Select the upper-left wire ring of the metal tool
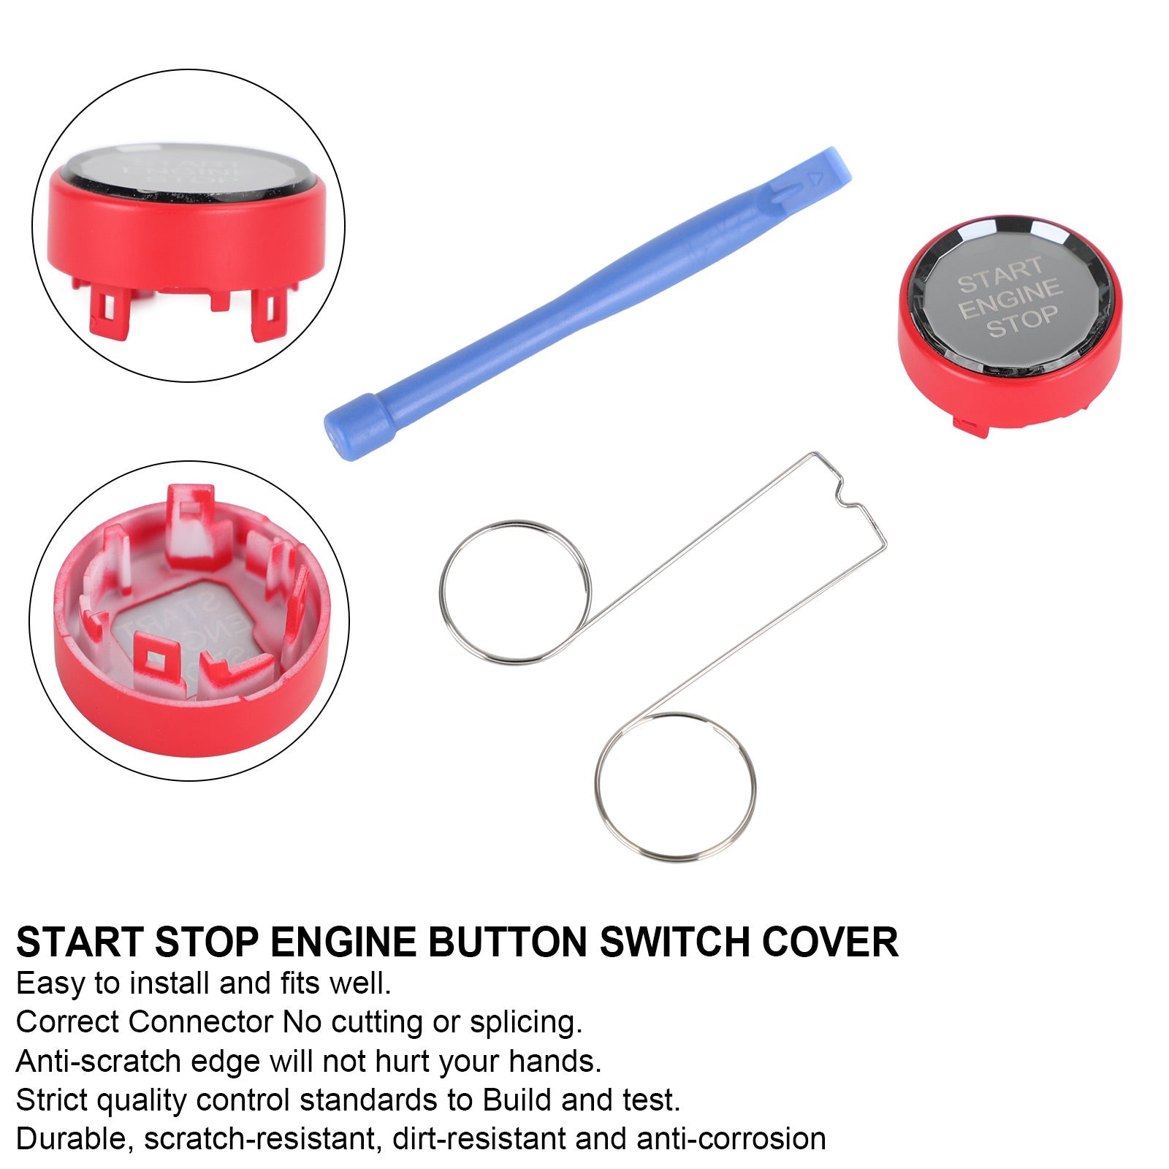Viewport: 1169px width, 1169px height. coord(515,592)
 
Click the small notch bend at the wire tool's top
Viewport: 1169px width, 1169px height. coord(848,496)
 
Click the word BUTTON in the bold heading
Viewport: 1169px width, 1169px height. coord(507,942)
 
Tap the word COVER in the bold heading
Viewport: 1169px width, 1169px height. coord(830,942)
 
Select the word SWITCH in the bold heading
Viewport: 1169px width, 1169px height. coord(674,942)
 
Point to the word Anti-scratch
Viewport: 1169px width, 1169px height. coord(100,1060)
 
